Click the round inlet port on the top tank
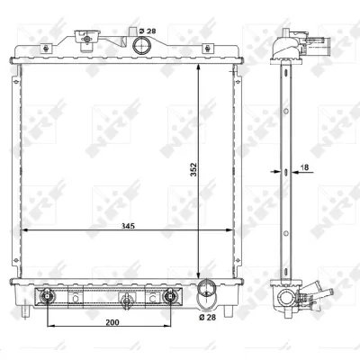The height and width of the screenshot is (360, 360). [139, 45]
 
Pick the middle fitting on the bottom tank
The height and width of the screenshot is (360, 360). [126, 299]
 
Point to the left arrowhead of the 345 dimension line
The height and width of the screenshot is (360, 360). [24, 230]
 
